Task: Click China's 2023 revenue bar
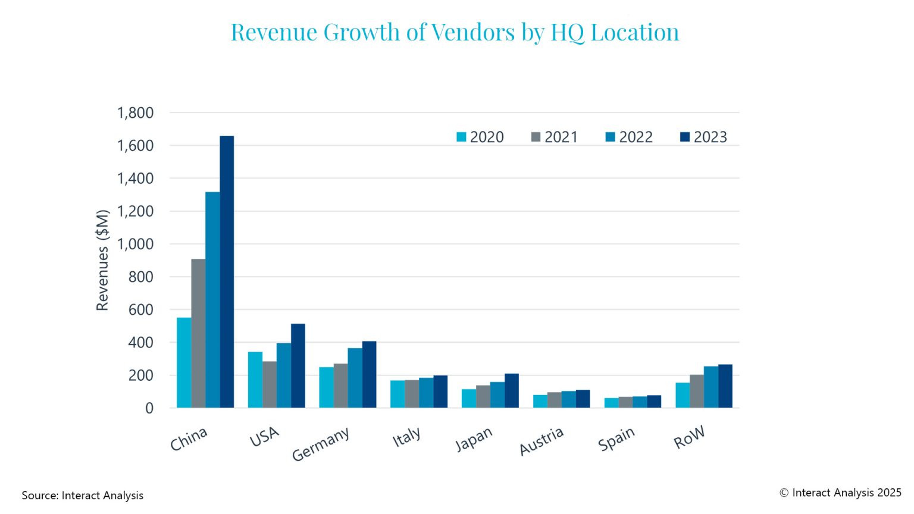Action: tap(227, 272)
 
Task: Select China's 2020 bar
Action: tap(184, 363)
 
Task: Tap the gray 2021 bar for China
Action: tap(198, 333)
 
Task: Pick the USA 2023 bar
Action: tap(298, 366)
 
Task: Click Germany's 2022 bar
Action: tap(355, 378)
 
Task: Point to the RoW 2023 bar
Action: tap(725, 386)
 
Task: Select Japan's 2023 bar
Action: tap(512, 391)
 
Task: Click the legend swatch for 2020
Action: tap(461, 137)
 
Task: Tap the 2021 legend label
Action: tap(561, 137)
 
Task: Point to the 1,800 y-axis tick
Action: tap(135, 112)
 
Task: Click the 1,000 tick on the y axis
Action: tap(135, 244)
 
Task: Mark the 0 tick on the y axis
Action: tap(149, 408)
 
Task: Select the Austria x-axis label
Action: tap(541, 441)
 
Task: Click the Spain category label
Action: tap(616, 439)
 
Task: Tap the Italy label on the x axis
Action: tap(406, 437)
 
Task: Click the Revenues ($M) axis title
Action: tap(102, 260)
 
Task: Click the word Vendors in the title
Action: tap(473, 32)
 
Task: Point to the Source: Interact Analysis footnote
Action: tap(83, 496)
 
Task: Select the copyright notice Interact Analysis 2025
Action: tap(840, 493)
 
